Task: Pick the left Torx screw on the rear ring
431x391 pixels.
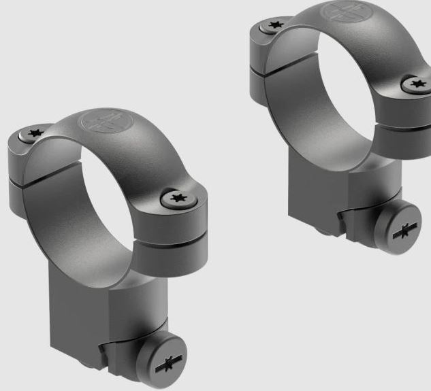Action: [276, 25]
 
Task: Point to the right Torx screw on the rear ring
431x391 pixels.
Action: [416, 84]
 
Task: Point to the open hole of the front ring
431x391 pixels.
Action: [106, 204]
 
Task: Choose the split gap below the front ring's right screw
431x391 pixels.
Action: [174, 238]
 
